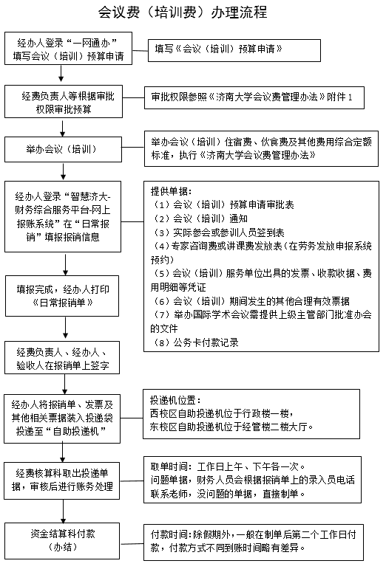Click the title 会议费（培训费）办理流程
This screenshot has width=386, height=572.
183,12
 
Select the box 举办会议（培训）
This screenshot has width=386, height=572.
63,149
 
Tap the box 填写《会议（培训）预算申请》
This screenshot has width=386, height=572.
234,50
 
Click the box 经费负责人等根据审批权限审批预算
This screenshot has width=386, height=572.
64,101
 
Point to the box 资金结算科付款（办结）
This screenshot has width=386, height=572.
62,540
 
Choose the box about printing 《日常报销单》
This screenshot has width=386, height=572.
62,296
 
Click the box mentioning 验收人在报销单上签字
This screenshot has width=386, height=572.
62,357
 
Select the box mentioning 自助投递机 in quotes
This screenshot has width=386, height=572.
62,418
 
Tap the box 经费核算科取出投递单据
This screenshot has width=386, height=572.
62,480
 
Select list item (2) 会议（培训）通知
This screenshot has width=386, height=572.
200,218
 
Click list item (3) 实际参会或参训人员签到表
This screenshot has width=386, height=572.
219,232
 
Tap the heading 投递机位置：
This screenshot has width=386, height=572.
175,400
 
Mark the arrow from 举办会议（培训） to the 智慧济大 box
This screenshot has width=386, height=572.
64,171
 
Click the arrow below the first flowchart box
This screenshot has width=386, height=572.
61,73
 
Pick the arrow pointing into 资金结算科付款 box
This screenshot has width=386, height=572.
64,511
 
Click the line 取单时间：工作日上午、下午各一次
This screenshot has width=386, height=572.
228,466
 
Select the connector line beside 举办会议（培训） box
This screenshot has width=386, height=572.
133,148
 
